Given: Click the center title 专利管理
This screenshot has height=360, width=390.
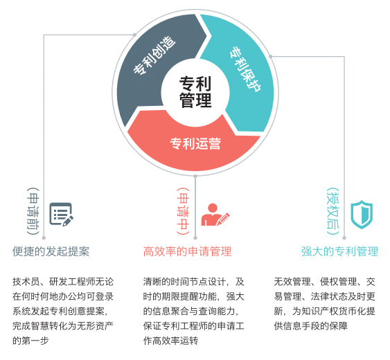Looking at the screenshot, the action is tap(195, 92).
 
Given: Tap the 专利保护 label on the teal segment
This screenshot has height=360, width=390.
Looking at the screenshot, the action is tap(245, 69).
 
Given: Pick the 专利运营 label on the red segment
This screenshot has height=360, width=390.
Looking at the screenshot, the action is tap(195, 143).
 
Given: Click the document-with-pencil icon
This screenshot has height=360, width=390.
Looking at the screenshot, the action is tap(61, 215).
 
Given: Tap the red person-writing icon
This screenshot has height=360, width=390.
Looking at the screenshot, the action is tap(215, 215).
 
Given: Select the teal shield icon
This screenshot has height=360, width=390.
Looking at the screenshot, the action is tap(362, 215).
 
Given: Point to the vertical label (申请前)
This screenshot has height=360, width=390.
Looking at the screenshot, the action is tap(33, 211).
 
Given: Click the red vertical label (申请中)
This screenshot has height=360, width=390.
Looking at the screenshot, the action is tap(183, 211).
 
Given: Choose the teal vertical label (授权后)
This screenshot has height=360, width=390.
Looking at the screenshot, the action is tap(333, 211).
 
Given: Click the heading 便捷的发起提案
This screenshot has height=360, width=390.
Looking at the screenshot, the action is tap(51, 251).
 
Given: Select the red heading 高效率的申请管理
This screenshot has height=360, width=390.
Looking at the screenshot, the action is tap(187, 251).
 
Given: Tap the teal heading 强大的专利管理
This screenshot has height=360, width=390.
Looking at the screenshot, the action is tap(339, 251).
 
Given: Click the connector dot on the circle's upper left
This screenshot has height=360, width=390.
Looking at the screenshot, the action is tap(134, 35).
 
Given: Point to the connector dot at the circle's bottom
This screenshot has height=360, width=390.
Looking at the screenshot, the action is tap(195, 176).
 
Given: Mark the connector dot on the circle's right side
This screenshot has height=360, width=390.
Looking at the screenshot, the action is tap(271, 57).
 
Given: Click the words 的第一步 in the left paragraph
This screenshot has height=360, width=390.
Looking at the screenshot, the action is tap(30, 341).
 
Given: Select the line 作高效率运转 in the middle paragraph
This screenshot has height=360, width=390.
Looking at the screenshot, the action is tap(170, 341).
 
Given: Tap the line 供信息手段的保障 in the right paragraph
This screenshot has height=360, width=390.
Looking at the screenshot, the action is tap(310, 325).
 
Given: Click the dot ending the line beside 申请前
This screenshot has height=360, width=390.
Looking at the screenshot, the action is tap(44, 238).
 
